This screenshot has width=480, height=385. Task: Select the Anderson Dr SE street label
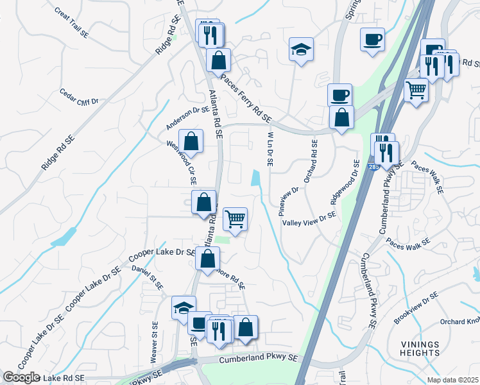point(187,115)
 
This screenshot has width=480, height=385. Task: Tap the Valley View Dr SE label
point(310,219)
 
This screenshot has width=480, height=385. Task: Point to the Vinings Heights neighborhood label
point(421,348)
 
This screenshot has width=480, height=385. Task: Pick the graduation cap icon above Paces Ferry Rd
point(301,49)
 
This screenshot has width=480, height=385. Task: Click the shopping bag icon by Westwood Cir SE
point(191,140)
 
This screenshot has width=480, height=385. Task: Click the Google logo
point(21,377)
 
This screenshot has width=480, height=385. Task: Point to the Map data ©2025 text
point(452,379)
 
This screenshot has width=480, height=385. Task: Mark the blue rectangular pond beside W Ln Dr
point(257,178)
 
